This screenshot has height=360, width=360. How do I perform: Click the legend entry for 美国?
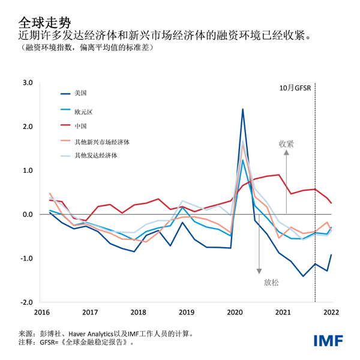pos(81,93)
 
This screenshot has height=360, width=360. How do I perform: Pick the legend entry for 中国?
pos(81,126)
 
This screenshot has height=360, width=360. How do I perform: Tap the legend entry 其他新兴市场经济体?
pos(102,142)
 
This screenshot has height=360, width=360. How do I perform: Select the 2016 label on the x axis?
pos(42,312)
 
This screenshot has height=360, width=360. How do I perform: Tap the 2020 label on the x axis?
pos(235,312)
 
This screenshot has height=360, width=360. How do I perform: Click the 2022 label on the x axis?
pos(331,312)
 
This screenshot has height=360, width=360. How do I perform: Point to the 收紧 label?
pos(286,144)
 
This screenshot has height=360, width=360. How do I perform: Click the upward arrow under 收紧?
pos(286,180)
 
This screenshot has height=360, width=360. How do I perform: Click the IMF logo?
pos(328,340)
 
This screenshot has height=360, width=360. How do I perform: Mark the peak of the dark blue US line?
pos(242,109)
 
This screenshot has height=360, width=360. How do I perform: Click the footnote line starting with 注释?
pos(75,343)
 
